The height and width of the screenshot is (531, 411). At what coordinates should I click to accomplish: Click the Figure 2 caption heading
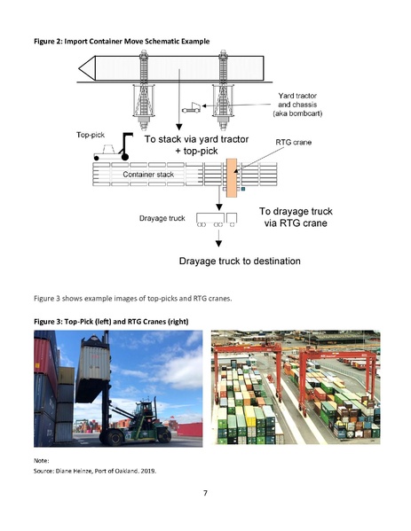128,43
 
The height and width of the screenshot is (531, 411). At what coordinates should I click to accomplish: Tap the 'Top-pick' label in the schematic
91,136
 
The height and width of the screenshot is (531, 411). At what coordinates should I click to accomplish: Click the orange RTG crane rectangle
233,179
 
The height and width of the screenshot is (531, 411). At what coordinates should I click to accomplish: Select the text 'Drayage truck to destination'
241,262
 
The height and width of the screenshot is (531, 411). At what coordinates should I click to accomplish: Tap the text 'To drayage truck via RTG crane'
296,218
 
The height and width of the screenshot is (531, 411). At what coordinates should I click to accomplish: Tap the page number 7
205,493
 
